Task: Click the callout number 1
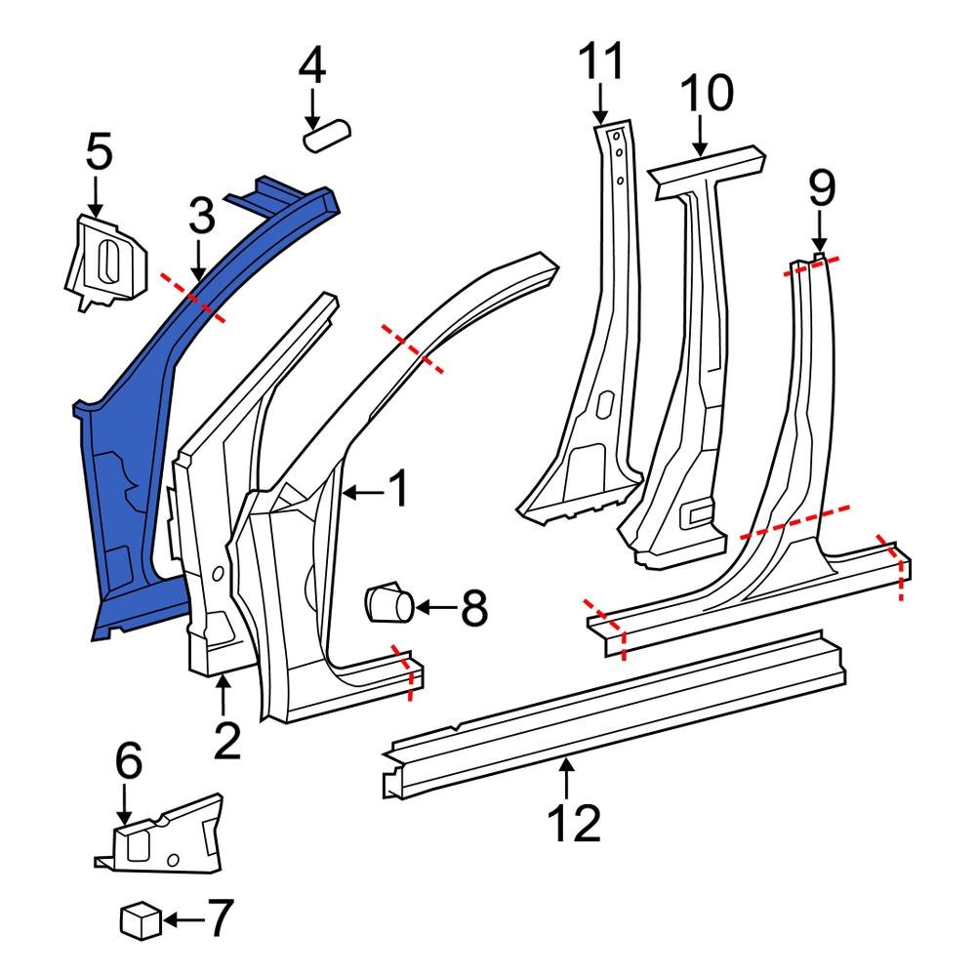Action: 398,491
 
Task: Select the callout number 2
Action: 226,742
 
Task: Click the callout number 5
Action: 99,152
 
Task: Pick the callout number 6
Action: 129,761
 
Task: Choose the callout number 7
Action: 221,918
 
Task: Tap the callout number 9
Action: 822,189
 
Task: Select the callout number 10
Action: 707,95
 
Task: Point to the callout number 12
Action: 574,825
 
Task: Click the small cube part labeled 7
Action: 140,919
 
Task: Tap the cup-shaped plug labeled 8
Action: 388,602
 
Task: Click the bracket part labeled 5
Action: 104,261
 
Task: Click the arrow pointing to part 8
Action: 435,609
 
